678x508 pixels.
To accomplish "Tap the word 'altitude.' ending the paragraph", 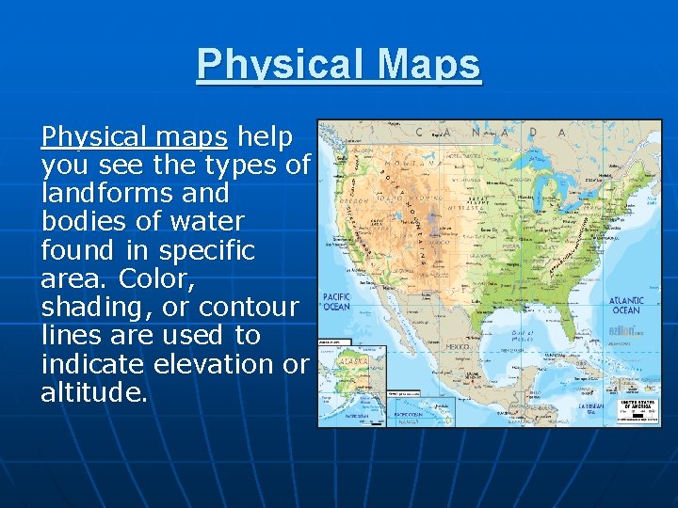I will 94,392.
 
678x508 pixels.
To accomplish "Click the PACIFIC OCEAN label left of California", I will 336,301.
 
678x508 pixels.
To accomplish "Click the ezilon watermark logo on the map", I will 624,332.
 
